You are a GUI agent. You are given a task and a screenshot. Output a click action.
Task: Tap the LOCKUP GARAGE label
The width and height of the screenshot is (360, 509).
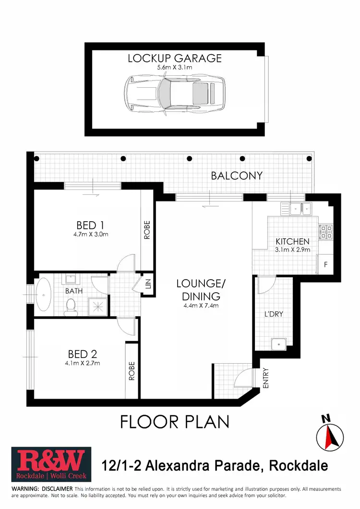click(175, 59)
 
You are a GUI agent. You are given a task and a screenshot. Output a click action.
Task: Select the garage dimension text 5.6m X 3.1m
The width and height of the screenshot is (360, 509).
click(175, 68)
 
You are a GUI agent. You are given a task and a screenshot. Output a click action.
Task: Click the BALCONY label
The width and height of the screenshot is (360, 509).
click(237, 176)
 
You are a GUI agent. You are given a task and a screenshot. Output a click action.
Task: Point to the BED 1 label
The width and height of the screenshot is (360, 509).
click(90, 225)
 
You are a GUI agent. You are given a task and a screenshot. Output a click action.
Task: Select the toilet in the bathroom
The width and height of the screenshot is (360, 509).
click(71, 305)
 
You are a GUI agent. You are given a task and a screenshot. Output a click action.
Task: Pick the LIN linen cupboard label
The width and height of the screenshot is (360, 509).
click(148, 284)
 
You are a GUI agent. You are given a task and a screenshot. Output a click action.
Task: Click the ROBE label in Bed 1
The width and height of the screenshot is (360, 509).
click(147, 230)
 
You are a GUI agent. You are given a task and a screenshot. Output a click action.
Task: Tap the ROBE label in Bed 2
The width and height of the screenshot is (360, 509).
click(132, 371)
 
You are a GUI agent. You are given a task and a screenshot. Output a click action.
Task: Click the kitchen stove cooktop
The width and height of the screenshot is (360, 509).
click(326, 232)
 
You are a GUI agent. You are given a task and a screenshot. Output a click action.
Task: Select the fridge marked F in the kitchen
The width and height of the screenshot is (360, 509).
click(326, 264)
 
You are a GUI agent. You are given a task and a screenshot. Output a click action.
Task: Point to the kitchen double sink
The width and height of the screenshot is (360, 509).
click(300, 208)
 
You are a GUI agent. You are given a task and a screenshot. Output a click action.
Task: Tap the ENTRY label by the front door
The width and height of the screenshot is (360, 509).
click(265, 378)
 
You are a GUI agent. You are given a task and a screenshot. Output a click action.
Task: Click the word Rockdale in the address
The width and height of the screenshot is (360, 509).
click(299, 465)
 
